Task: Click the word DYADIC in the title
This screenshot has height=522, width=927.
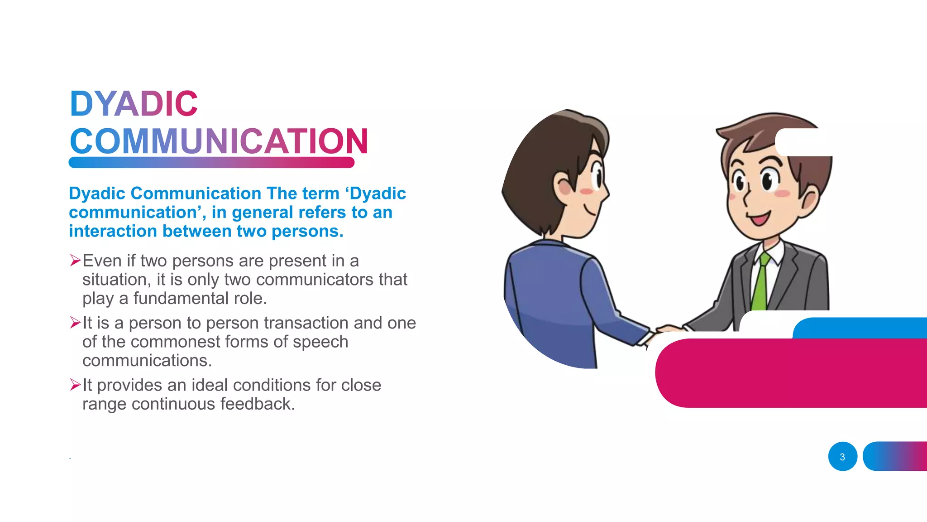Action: [x=134, y=104]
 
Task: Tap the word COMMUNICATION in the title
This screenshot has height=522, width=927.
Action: [x=219, y=141]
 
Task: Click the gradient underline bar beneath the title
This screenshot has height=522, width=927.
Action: [x=211, y=162]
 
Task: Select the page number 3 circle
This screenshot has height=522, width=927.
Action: [x=842, y=457]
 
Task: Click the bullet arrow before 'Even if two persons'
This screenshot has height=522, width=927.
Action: [x=75, y=261]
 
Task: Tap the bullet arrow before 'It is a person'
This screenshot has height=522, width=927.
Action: [x=75, y=323]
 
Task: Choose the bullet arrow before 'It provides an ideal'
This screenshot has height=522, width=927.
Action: [x=75, y=385]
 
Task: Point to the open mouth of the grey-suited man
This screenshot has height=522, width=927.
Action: [x=759, y=219]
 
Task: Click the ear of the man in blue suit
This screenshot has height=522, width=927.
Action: [x=563, y=185]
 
